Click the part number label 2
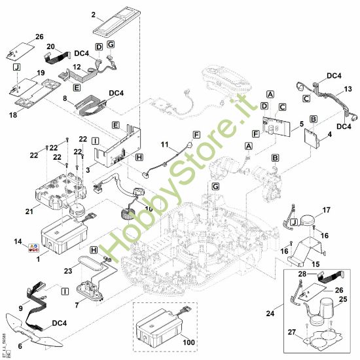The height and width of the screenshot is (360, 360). coord(94,14)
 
